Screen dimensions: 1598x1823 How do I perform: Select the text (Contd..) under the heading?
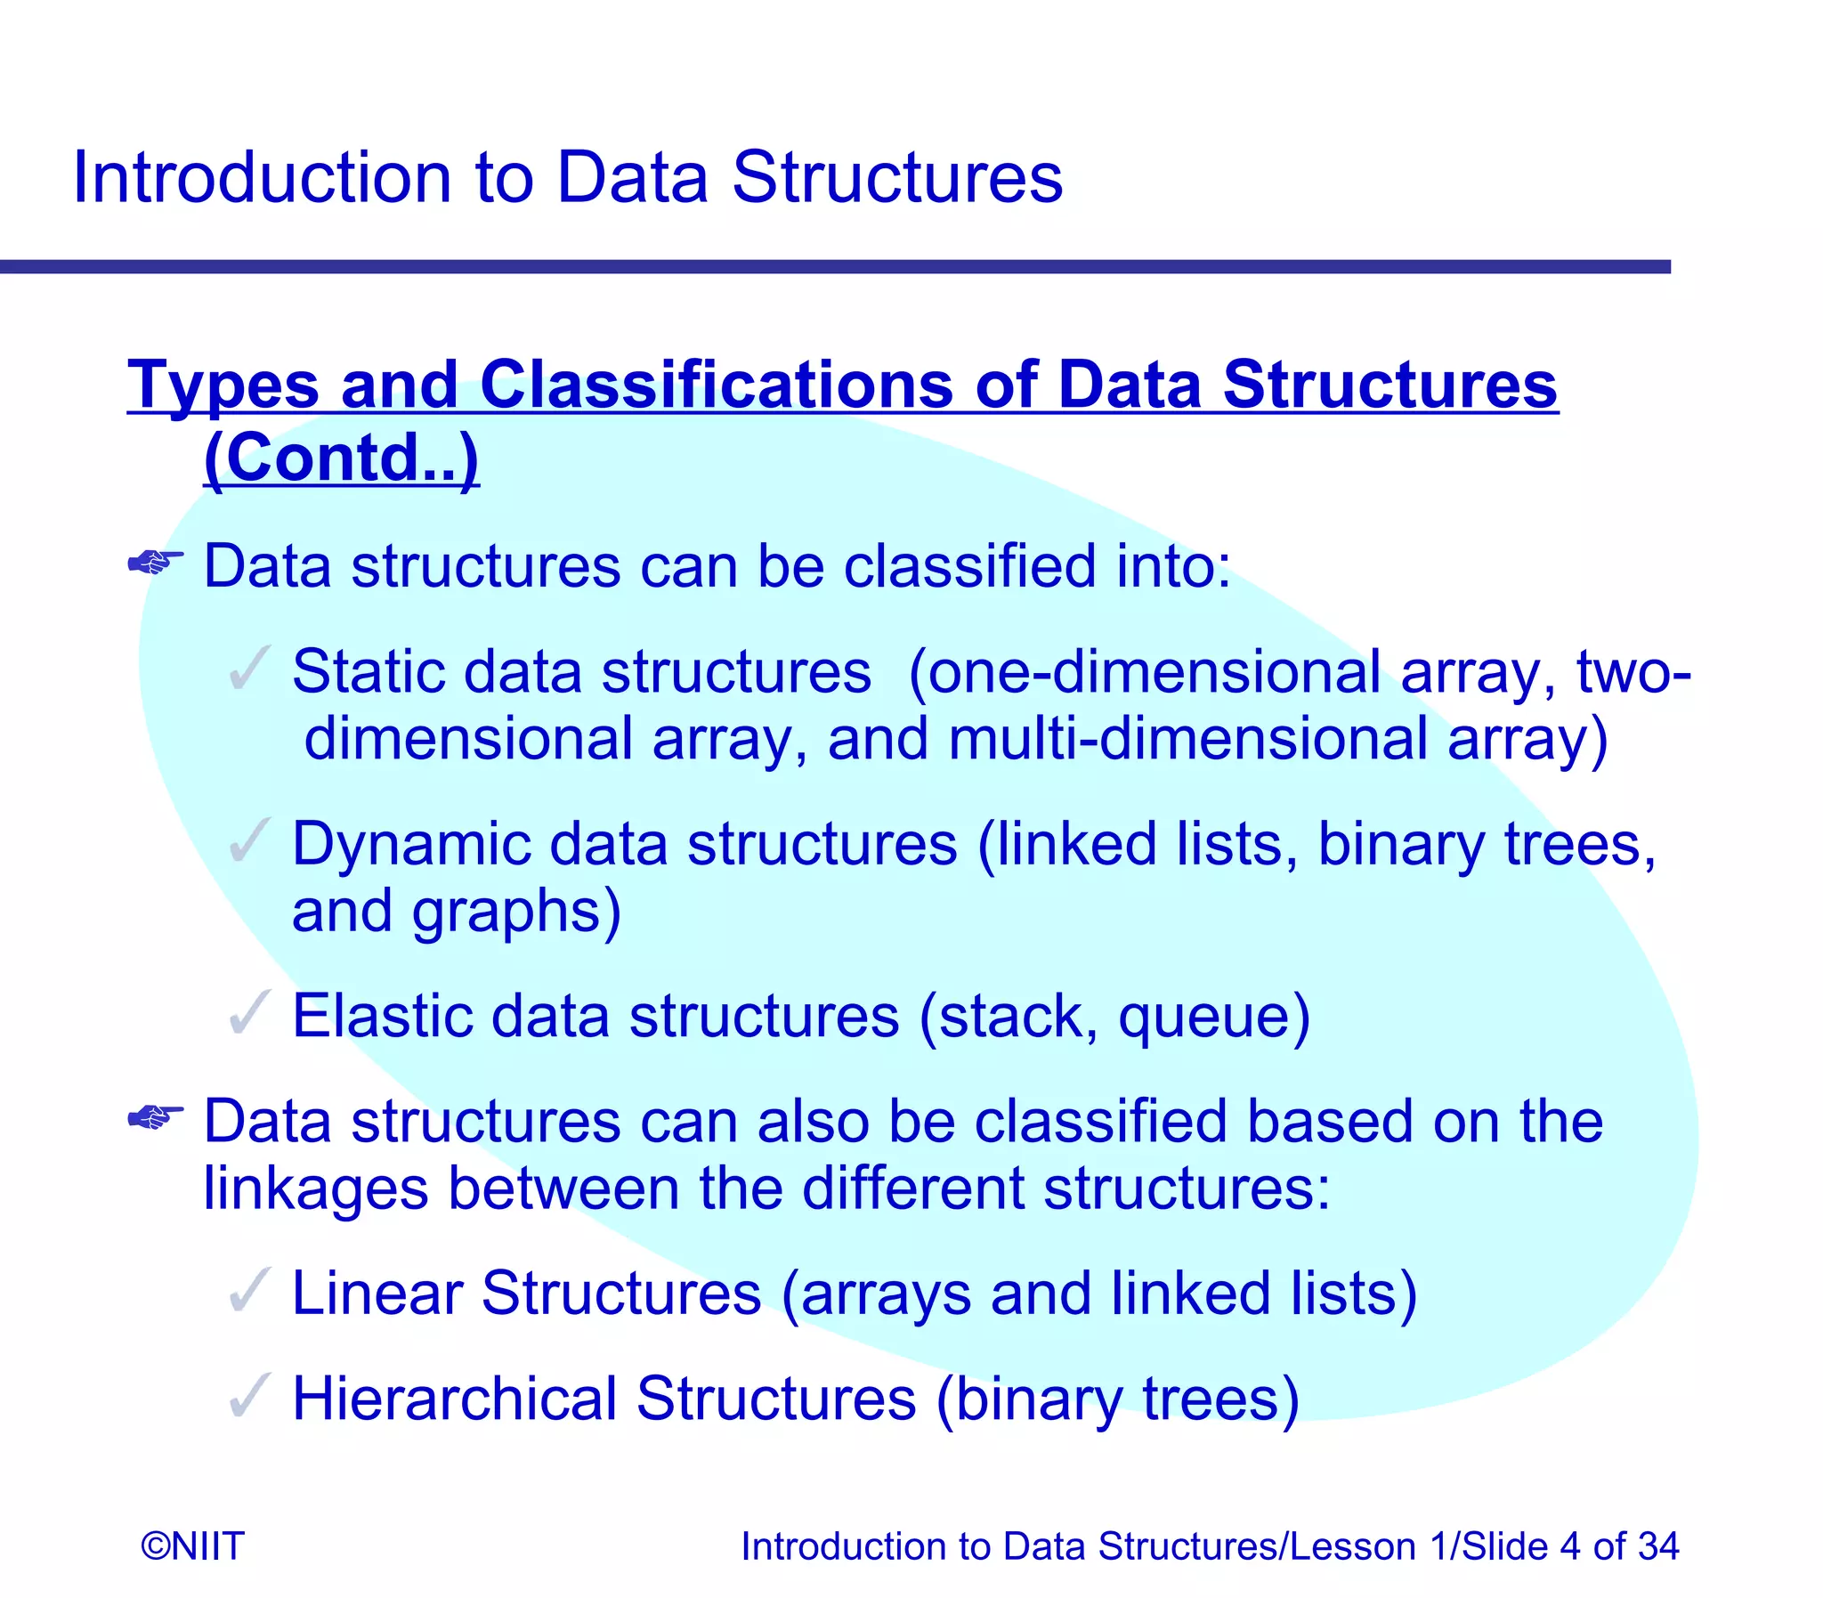tap(342, 458)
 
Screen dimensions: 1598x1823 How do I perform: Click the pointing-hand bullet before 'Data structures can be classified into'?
tap(155, 563)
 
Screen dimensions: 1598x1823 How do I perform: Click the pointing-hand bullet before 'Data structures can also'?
tap(155, 1116)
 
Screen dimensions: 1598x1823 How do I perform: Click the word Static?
tap(369, 670)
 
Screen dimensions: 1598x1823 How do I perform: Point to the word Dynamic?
tap(410, 844)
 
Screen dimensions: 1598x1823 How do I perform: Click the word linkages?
tap(316, 1189)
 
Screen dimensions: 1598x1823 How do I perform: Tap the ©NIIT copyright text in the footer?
tap(192, 1545)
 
